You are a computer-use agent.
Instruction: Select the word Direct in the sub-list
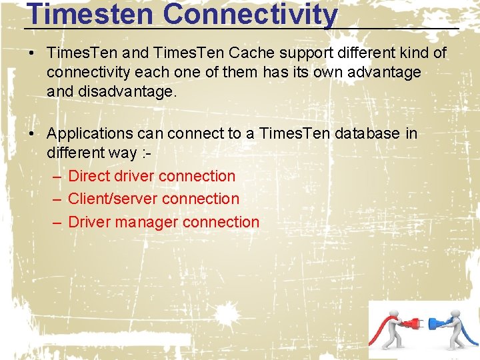pos(89,176)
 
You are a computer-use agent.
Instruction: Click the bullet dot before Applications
pos(32,133)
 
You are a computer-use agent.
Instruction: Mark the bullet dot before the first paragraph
pos(32,53)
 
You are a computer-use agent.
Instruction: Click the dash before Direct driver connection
pos(57,176)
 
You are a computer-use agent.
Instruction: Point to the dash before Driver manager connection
pos(57,222)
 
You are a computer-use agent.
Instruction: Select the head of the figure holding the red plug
pos(395,313)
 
